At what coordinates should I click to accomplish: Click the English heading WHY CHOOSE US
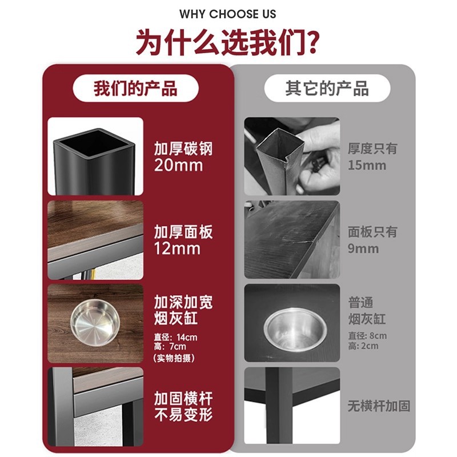tap(228, 14)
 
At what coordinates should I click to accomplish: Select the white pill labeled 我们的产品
tap(135, 89)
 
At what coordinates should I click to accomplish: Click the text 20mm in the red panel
tap(178, 166)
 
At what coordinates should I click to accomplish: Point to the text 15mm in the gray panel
tap(367, 166)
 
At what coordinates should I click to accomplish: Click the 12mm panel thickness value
tap(177, 249)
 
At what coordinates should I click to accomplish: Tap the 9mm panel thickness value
tap(363, 248)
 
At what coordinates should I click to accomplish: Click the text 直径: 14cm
tap(175, 337)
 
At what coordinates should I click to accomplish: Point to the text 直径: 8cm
tap(367, 336)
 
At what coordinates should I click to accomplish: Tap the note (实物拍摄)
tap(174, 358)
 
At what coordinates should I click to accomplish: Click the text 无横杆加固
tap(379, 407)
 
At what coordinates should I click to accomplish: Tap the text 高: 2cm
tap(363, 346)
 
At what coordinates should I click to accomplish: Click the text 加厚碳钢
tap(183, 149)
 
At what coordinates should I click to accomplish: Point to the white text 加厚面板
tap(183, 232)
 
